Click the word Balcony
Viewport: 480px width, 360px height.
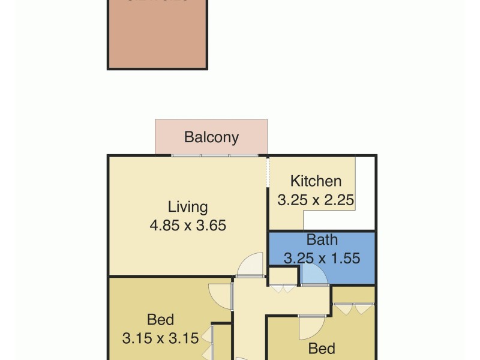(211, 137)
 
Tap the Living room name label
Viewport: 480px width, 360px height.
(188, 208)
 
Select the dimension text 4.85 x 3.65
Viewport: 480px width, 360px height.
(188, 226)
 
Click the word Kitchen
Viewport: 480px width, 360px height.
(316, 181)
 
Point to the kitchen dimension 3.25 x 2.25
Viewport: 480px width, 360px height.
(316, 200)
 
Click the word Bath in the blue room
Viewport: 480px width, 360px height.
(322, 240)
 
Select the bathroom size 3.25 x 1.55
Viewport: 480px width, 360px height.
(322, 259)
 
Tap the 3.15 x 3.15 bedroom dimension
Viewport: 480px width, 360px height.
(160, 338)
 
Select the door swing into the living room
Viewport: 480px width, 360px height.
(251, 264)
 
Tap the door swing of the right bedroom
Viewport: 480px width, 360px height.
(311, 326)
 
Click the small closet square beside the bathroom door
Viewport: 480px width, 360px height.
(283, 275)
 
